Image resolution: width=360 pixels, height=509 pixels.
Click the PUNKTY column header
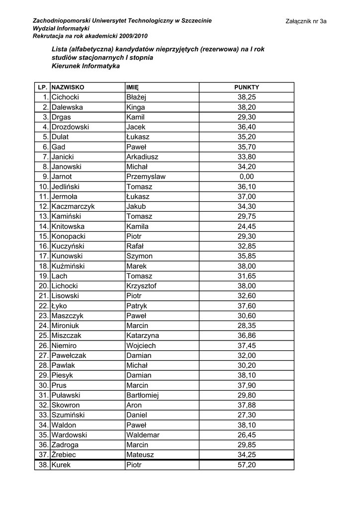[247, 87]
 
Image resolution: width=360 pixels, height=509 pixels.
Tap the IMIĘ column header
[132, 87]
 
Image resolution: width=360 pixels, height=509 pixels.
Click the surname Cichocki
[65, 97]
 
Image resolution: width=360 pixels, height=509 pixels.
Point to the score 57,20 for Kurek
[247, 465]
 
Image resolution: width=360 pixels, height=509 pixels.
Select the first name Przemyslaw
[146, 177]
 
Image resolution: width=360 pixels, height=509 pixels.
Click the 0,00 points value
[247, 177]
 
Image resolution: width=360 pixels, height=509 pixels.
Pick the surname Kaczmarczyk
[73, 207]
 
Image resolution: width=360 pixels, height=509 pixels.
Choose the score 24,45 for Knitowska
[247, 227]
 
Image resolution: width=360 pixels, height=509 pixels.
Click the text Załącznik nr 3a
[306, 21]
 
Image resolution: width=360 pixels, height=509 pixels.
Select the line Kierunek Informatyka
[86, 66]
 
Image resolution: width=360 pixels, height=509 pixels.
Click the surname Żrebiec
[64, 455]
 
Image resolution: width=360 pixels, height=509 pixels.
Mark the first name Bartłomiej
[142, 396]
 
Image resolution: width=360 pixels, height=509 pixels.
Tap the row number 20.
[43, 286]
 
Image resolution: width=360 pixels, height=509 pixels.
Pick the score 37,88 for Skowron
[247, 406]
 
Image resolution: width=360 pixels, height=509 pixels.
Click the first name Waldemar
[142, 435]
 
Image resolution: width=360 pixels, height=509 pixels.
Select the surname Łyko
[59, 306]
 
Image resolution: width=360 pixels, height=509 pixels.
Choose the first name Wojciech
[141, 346]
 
